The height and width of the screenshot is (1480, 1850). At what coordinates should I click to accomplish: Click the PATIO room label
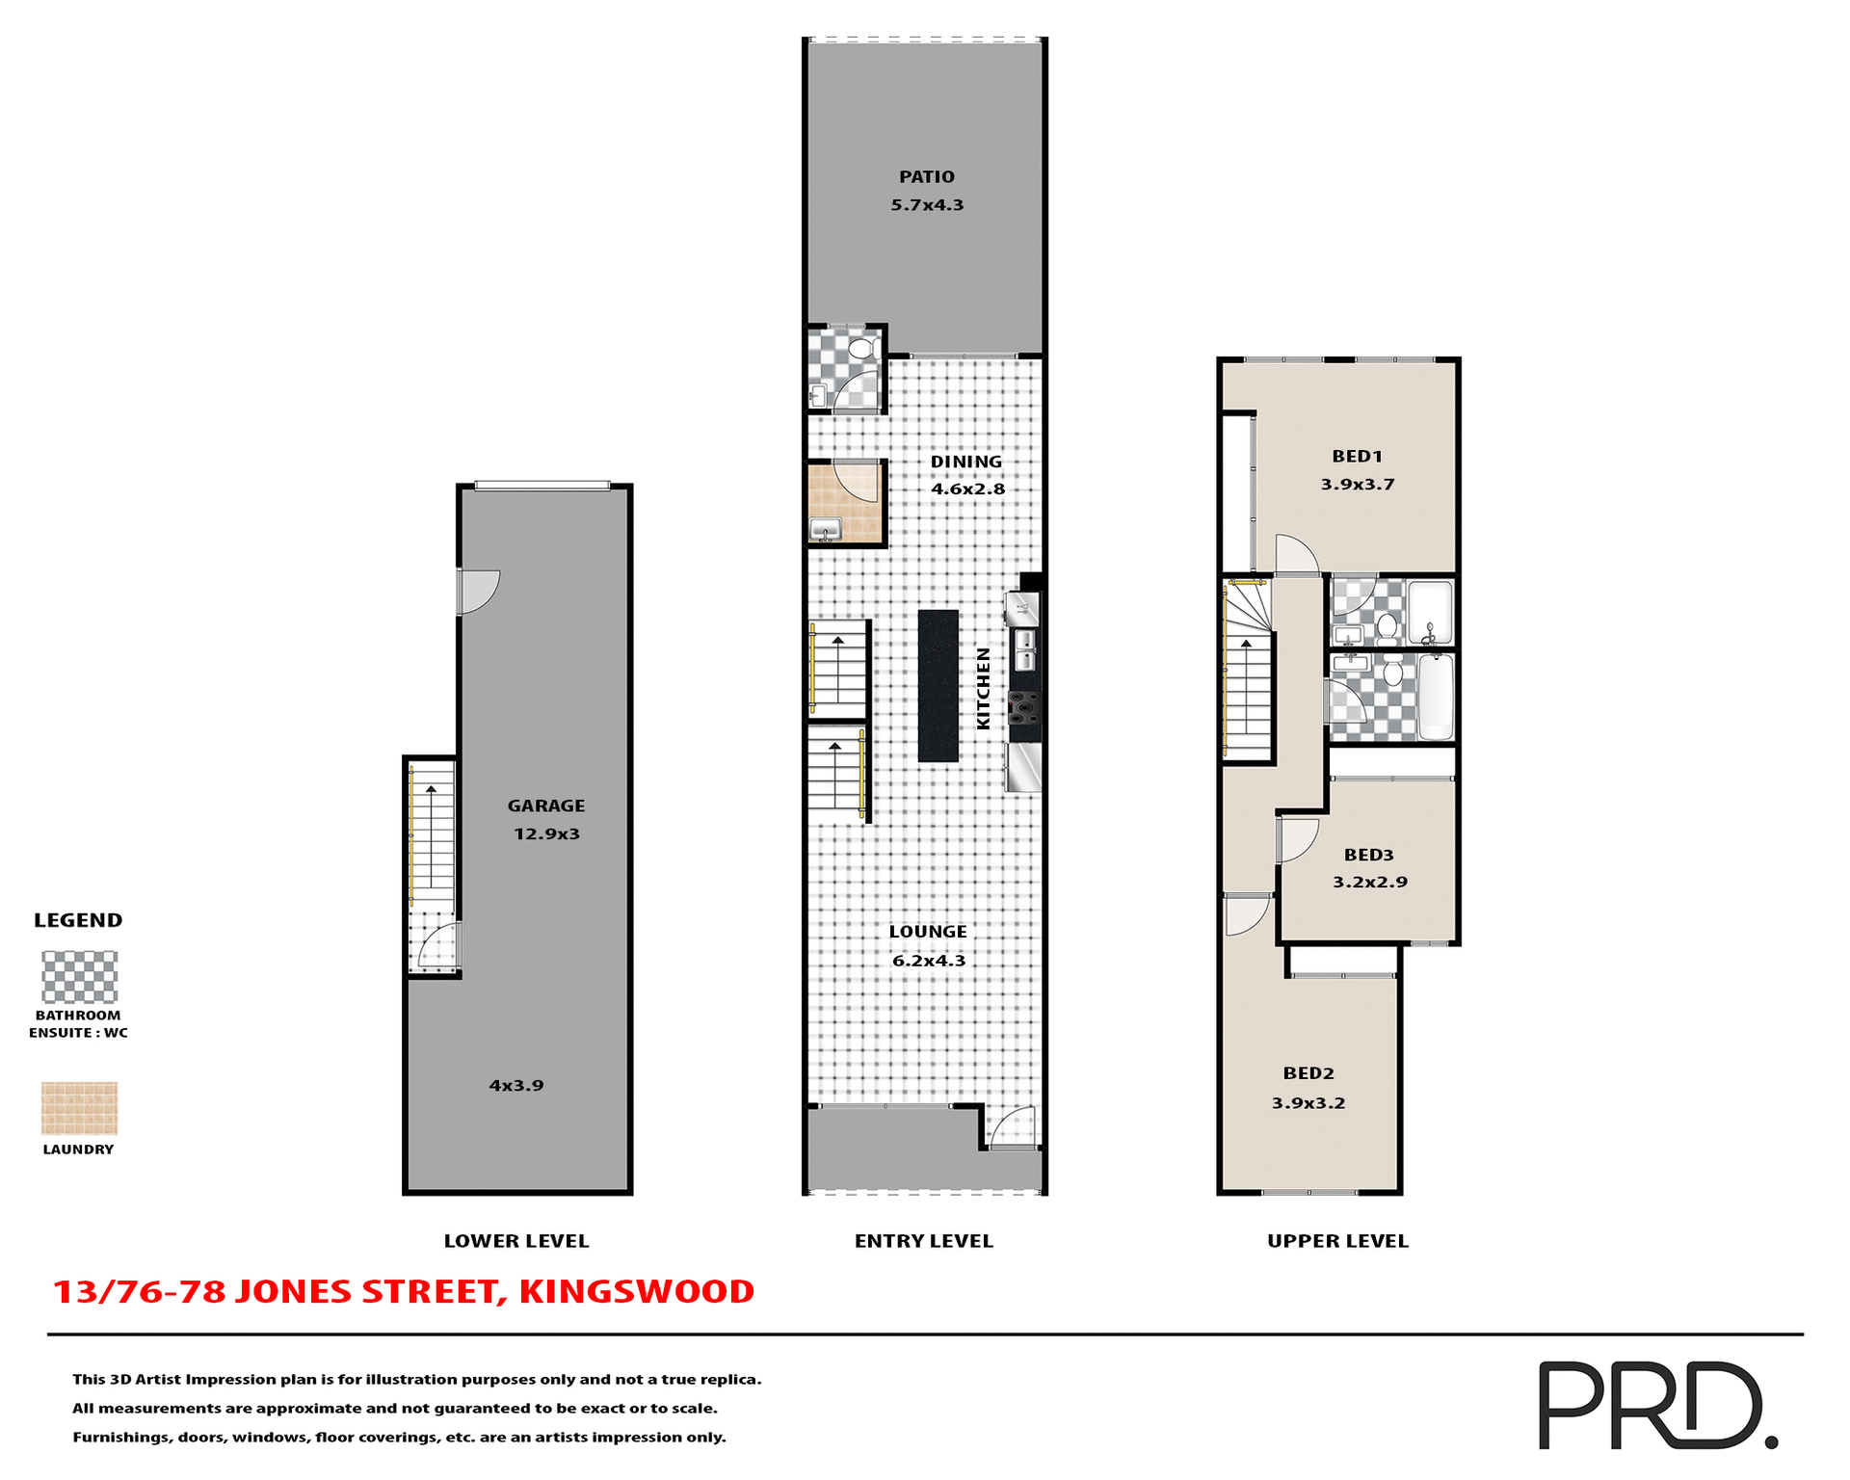(x=926, y=177)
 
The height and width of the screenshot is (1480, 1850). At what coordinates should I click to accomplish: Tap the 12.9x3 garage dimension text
(x=546, y=834)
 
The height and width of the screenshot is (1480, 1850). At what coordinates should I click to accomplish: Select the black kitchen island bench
(x=938, y=686)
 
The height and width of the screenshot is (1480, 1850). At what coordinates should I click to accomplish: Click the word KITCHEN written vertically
(x=984, y=688)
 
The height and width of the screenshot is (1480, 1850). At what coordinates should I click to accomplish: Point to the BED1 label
(x=1357, y=457)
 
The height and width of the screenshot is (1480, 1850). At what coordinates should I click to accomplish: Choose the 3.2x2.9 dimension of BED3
(x=1369, y=883)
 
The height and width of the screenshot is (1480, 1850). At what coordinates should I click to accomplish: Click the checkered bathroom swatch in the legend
(x=79, y=977)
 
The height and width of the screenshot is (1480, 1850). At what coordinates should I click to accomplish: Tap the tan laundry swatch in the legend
(x=79, y=1108)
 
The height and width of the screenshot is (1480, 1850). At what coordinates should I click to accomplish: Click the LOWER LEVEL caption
(x=515, y=1241)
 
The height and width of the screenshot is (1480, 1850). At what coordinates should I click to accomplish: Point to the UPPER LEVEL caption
(x=1337, y=1241)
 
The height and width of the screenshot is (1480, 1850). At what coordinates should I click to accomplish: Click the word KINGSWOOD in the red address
(x=636, y=1292)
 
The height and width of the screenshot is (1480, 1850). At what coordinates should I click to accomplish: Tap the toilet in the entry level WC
(x=862, y=348)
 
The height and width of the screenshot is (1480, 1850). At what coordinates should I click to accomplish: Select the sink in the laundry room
(x=826, y=529)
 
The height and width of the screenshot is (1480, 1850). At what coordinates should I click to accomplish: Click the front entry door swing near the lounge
(x=1014, y=1126)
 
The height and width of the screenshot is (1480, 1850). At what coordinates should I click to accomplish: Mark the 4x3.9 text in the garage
(x=516, y=1086)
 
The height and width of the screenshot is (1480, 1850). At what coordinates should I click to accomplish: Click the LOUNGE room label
(x=927, y=932)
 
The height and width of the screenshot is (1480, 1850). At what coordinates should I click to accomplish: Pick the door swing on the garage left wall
(x=478, y=591)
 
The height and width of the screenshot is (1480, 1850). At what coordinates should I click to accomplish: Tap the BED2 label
(x=1308, y=1073)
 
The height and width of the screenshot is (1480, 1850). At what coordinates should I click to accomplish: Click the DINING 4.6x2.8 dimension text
(x=967, y=489)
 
